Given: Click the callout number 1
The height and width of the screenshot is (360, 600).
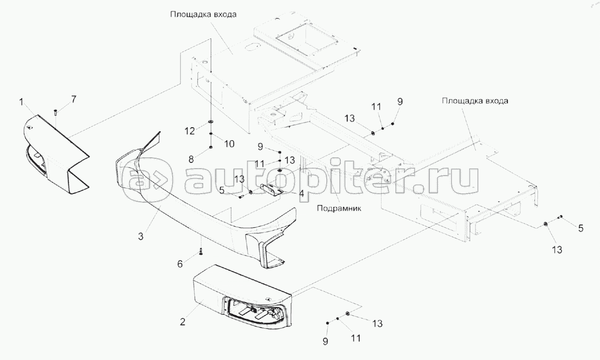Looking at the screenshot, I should (21, 101).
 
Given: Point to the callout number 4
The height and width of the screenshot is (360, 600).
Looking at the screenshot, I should (301, 194).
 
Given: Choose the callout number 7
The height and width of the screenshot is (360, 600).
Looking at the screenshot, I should (74, 98).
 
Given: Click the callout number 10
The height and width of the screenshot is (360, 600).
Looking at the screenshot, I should (230, 144).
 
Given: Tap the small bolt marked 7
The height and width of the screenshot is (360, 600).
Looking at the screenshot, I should (56, 111).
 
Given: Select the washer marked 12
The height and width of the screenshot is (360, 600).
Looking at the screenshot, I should (211, 123).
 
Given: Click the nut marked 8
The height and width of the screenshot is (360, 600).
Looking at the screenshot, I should (211, 147).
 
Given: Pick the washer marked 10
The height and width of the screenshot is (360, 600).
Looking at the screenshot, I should (211, 135).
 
